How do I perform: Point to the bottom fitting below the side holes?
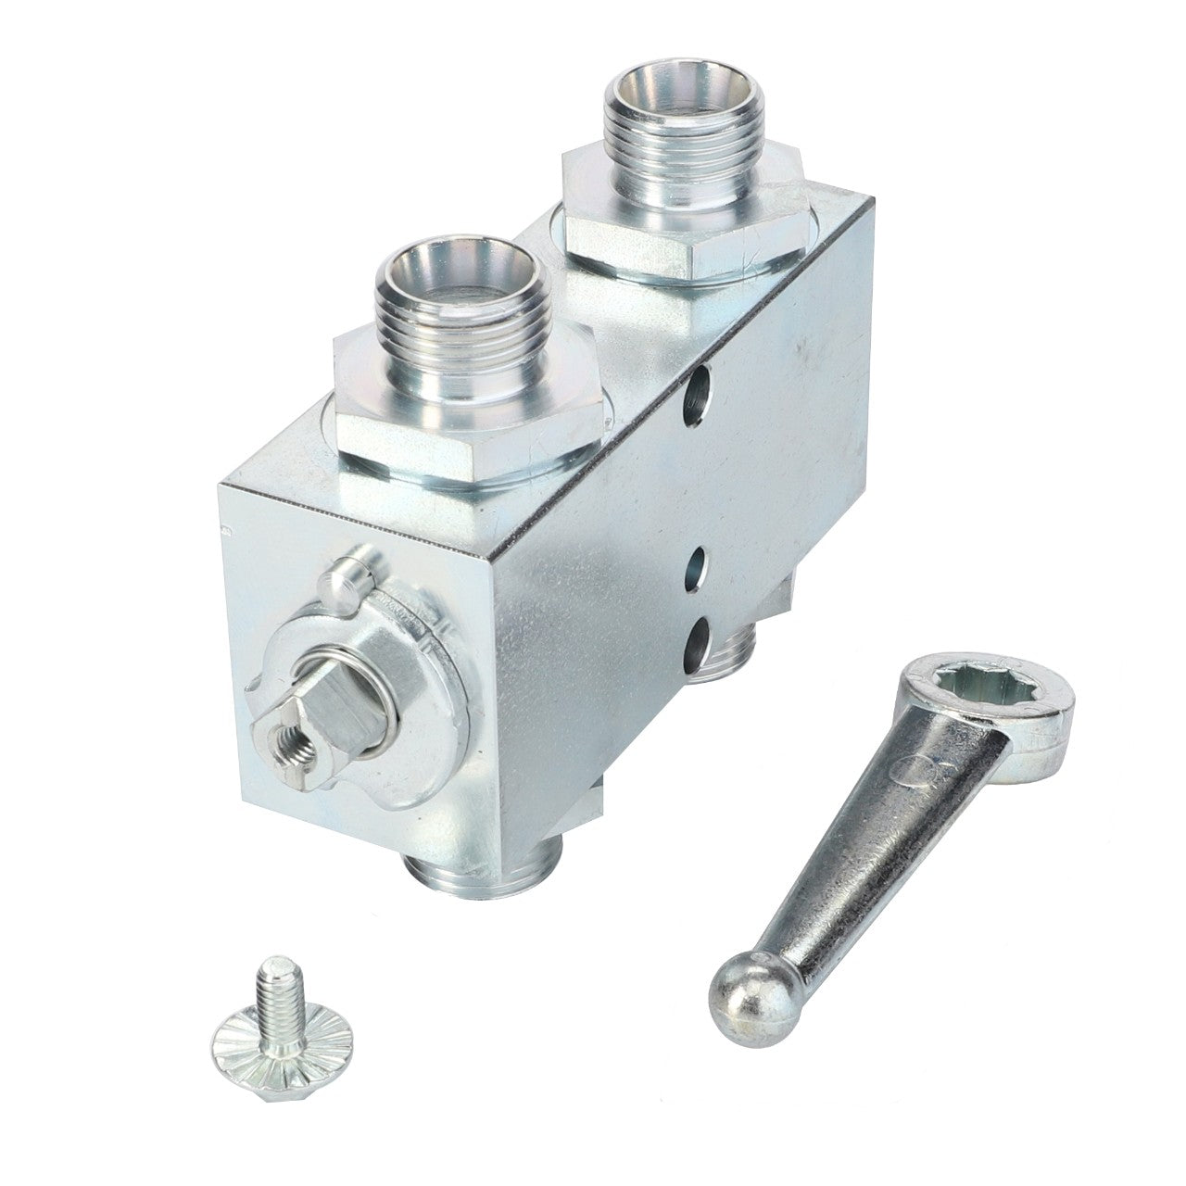pos(732,658)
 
